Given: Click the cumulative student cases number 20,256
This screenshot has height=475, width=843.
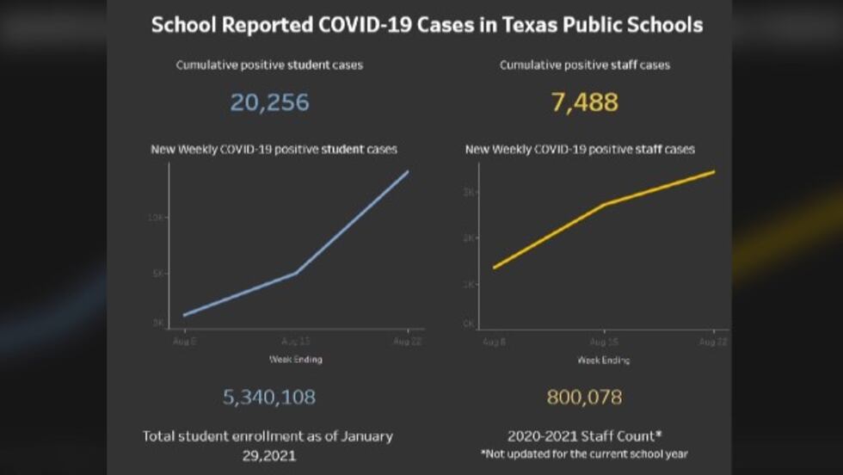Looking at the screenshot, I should click(269, 103).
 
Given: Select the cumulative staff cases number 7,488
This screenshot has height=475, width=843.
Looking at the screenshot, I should click(584, 103).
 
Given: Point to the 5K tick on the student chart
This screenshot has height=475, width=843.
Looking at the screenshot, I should click(157, 273).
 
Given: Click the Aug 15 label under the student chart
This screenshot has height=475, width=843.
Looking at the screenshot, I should click(295, 342).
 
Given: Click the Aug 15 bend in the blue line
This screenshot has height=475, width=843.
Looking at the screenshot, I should click(296, 273).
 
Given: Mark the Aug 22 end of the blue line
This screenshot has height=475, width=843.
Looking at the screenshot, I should click(408, 171).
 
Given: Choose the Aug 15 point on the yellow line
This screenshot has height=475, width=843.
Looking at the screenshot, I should click(605, 205).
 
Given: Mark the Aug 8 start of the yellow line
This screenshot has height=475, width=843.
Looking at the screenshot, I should click(494, 268).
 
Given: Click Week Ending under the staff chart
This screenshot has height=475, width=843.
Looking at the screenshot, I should click(603, 359).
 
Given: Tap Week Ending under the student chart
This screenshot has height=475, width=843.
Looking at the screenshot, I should click(295, 358).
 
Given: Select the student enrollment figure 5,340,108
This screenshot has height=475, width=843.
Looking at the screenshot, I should click(269, 397).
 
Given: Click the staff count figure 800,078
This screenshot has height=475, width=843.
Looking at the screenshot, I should click(584, 397).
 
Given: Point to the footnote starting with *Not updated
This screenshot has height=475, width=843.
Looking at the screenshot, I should click(584, 453).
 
